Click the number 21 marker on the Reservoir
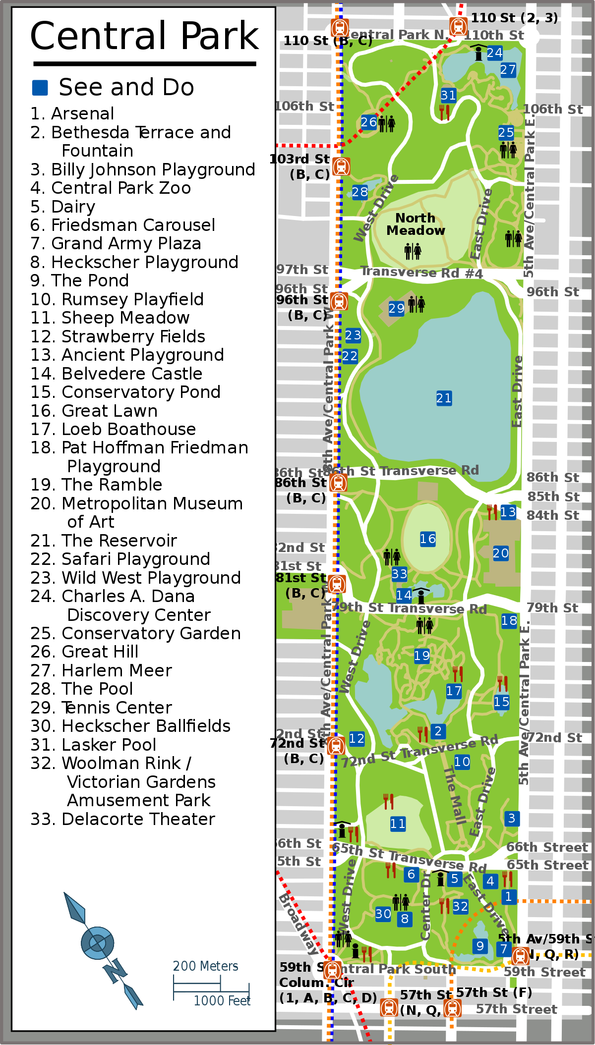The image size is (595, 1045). (444, 398)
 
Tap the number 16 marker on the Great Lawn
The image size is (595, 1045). (428, 539)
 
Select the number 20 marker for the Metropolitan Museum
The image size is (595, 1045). (500, 553)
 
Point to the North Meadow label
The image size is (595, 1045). (416, 224)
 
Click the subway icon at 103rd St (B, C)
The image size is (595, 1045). (341, 166)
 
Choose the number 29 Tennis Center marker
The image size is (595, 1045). (396, 308)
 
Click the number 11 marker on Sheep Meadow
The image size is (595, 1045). (398, 824)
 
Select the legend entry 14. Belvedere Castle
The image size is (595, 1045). (117, 374)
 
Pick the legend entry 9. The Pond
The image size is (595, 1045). (80, 280)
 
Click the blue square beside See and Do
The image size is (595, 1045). (40, 88)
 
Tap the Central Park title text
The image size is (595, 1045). (144, 36)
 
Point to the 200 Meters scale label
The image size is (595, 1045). (205, 966)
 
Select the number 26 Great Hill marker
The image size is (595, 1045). (369, 122)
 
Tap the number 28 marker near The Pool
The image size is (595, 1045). (360, 192)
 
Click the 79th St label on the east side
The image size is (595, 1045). (552, 608)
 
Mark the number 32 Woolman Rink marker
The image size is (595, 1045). (460, 906)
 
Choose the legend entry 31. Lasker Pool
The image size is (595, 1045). (94, 745)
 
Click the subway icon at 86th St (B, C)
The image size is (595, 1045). (339, 483)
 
